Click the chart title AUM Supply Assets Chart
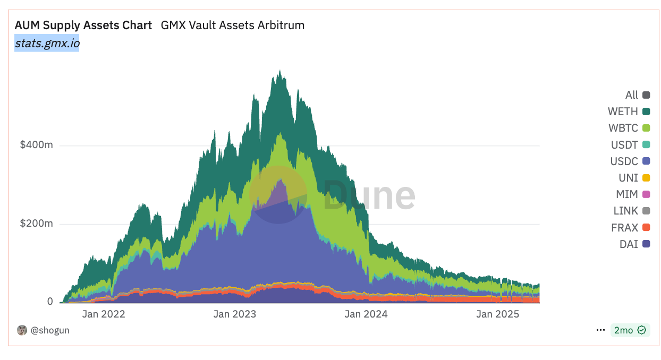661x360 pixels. tap(83, 25)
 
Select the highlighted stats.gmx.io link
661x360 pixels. tap(47, 44)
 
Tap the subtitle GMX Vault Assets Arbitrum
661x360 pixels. tap(232, 25)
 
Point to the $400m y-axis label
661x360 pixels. tap(36, 145)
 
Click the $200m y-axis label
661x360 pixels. tap(36, 224)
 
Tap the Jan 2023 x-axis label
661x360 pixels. tap(234, 314)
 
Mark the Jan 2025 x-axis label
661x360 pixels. tap(498, 314)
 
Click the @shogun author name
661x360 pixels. tap(49, 330)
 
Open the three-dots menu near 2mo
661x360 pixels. tap(600, 330)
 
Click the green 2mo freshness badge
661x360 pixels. tap(630, 330)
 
